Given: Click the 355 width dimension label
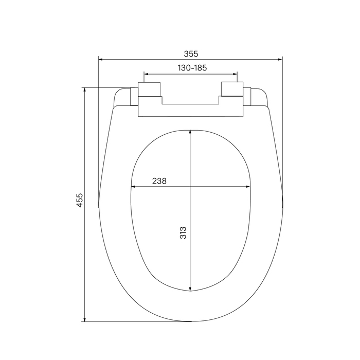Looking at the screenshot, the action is pyautogui.click(x=191, y=53).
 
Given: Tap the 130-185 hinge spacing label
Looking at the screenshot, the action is pyautogui.click(x=192, y=68).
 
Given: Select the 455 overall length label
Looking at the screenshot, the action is pyautogui.click(x=79, y=200).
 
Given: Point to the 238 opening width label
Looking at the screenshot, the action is pyautogui.click(x=159, y=181).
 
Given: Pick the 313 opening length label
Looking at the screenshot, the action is pyautogui.click(x=183, y=233).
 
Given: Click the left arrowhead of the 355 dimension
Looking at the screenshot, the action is pyautogui.click(x=100, y=60).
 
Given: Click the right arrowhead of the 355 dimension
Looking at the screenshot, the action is pyautogui.click(x=280, y=60).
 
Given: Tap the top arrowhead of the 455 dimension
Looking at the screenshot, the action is pyautogui.click(x=84, y=89).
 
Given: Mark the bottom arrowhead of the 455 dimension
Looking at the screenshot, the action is pyautogui.click(x=84, y=319).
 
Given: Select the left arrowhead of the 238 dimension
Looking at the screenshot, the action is pyautogui.click(x=133, y=187).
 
